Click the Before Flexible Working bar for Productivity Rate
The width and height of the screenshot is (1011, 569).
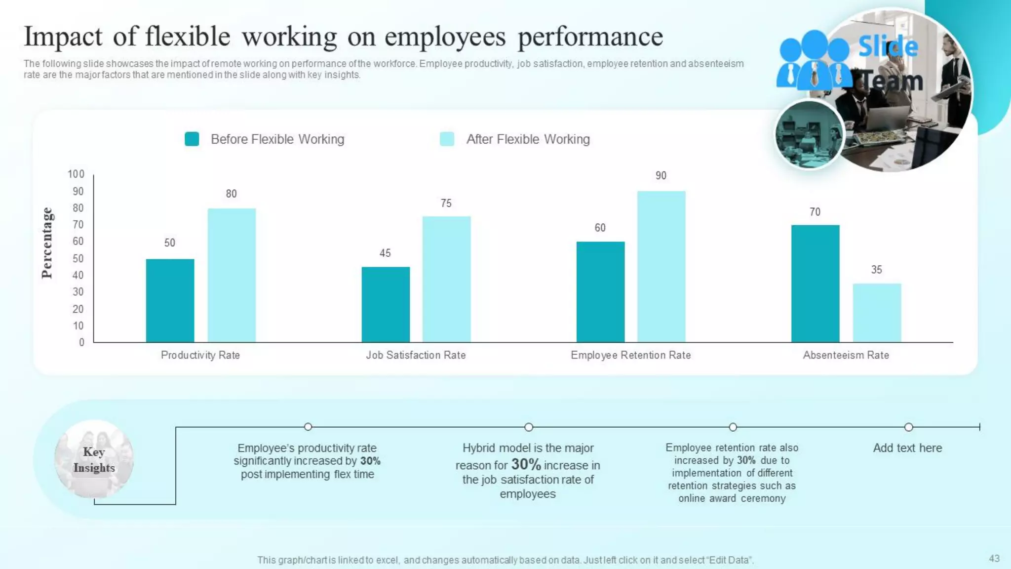(x=170, y=300)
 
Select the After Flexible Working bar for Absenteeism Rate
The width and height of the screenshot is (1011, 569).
(x=877, y=313)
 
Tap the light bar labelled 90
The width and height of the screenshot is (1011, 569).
(x=661, y=267)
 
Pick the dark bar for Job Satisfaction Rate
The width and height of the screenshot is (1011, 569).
(x=386, y=304)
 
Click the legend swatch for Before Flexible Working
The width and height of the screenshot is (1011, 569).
(x=192, y=139)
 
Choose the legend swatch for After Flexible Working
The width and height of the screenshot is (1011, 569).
(x=447, y=139)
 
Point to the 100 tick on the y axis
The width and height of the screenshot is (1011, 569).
(x=76, y=174)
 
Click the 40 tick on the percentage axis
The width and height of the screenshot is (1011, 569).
(x=78, y=275)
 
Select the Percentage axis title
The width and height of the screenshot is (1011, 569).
(x=47, y=243)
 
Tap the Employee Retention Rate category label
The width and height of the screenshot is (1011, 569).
(x=630, y=355)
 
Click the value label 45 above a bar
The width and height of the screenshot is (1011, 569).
(x=385, y=253)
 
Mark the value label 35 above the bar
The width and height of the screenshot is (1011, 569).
(x=876, y=270)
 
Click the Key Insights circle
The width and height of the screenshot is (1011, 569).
(x=94, y=459)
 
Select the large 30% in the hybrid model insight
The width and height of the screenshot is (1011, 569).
(x=526, y=464)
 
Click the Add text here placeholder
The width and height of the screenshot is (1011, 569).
(x=907, y=448)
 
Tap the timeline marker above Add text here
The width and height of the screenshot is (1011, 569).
(x=908, y=427)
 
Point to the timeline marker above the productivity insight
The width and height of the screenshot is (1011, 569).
(x=308, y=427)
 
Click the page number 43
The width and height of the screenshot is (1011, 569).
(x=994, y=559)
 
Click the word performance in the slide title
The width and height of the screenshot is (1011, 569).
(x=590, y=37)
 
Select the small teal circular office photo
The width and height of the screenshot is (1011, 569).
(x=809, y=135)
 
